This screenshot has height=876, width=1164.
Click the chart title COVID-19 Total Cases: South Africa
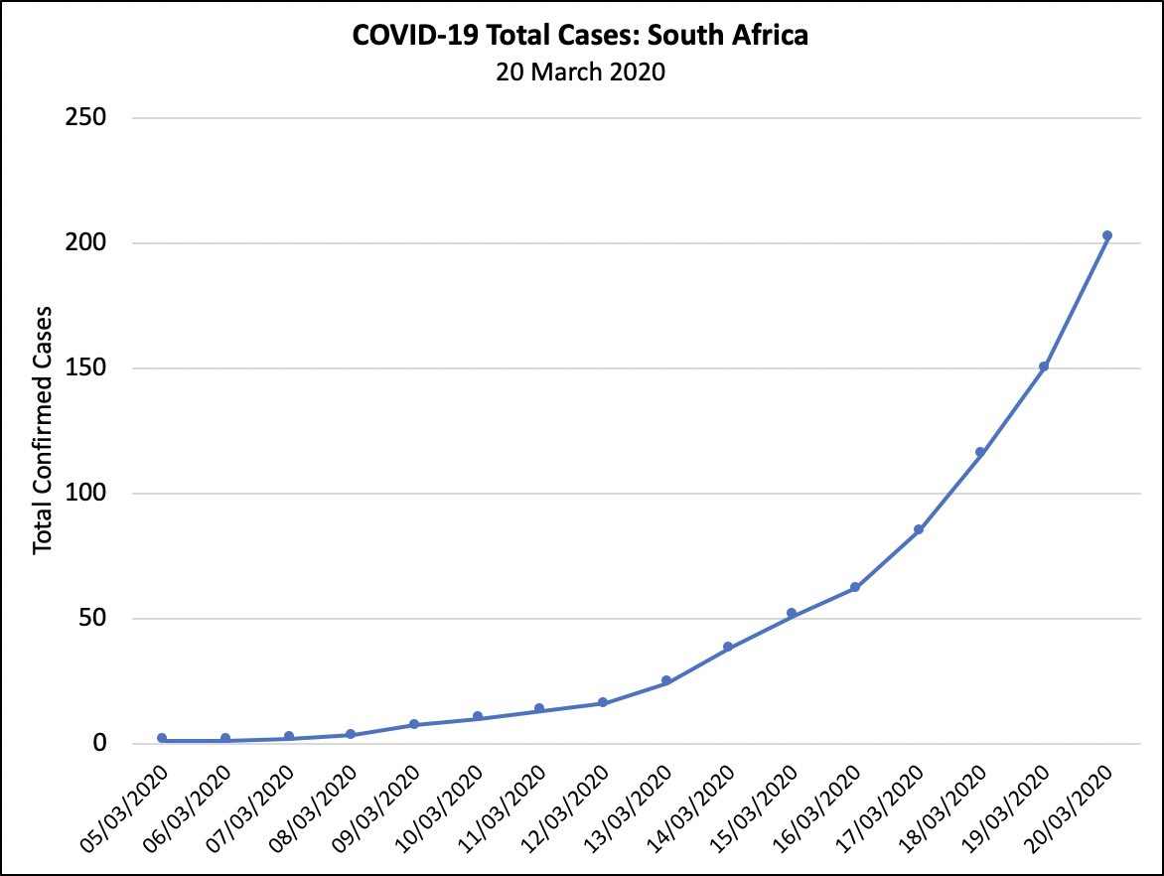pos(581,37)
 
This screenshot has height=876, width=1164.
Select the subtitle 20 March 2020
pos(581,72)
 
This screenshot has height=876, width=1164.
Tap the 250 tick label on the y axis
pos(86,118)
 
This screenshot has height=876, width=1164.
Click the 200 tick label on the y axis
pos(86,243)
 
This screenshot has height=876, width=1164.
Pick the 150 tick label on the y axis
pos(86,368)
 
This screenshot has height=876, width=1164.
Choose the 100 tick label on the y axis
pos(86,494)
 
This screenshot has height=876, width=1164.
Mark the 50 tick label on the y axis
pos(92,619)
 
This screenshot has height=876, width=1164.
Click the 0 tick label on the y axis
pos(98,744)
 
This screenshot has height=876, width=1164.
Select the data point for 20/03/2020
pos(1107,235)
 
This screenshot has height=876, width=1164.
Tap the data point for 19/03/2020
pos(1044,366)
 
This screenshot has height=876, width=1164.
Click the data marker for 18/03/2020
pos(980,452)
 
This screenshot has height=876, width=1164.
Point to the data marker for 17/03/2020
pos(919,529)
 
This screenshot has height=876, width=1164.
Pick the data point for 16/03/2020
pos(855,587)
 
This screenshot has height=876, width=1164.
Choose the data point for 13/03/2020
pos(666,680)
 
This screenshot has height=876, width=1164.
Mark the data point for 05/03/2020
pos(162,738)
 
